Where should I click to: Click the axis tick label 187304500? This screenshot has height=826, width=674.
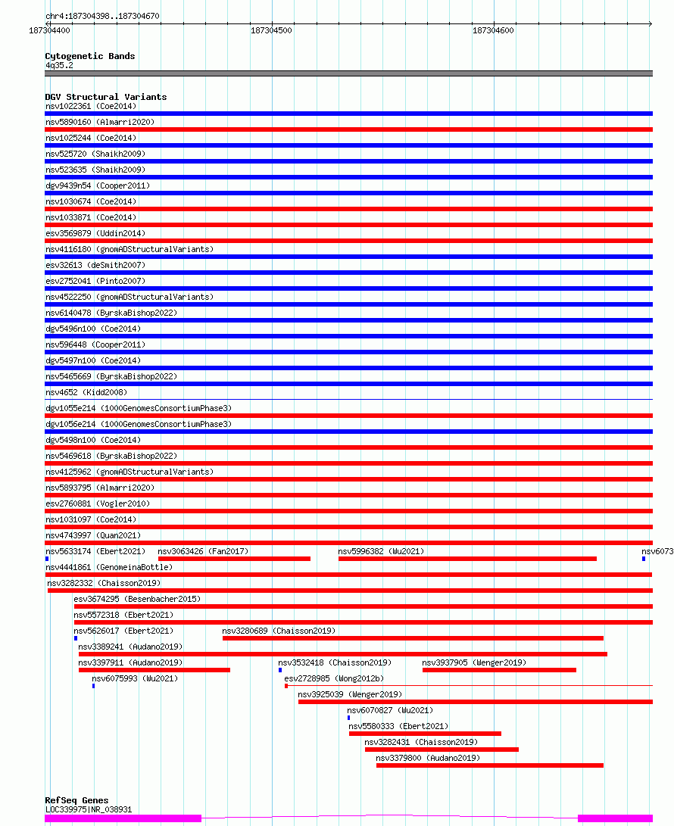(271, 30)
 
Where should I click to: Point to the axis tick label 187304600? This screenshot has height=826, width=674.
(493, 30)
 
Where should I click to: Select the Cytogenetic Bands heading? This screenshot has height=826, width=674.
(90, 56)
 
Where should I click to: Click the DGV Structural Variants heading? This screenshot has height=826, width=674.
(106, 97)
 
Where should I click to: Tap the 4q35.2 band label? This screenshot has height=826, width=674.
(59, 65)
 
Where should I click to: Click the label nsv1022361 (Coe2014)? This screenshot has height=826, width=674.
(91, 107)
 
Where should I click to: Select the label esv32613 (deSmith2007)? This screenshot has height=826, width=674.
(95, 266)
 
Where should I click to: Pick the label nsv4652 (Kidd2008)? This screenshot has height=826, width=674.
(86, 392)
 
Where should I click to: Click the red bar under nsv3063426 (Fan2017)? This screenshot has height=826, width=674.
(234, 559)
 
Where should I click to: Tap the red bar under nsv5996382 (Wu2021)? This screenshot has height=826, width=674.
(467, 559)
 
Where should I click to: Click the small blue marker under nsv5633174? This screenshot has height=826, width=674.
(47, 559)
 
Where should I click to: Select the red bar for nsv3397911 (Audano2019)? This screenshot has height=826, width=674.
(154, 670)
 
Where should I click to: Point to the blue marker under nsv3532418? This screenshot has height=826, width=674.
(280, 670)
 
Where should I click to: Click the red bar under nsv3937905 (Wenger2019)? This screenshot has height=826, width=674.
(499, 670)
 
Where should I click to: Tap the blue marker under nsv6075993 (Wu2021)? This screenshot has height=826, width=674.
(94, 686)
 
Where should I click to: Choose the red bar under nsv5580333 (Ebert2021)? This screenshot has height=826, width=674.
(425, 734)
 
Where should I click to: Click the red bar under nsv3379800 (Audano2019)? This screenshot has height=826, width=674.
(489, 765)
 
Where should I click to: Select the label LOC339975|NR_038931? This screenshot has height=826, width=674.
(89, 809)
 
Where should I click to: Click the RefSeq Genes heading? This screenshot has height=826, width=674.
(77, 800)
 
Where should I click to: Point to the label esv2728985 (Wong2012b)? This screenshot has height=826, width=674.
(334, 678)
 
